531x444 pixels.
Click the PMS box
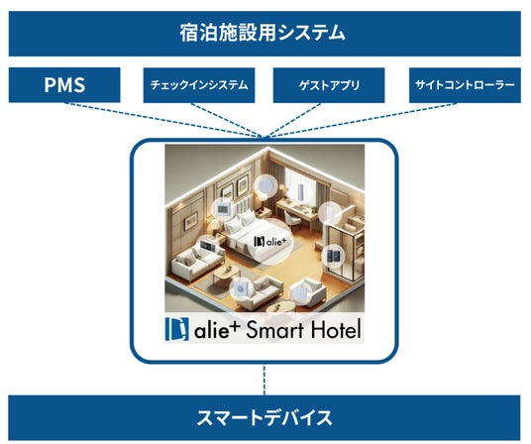pyautogui.click(x=64, y=84)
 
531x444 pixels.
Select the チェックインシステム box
pyautogui.click(x=199, y=85)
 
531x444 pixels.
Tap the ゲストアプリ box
pyautogui.click(x=329, y=85)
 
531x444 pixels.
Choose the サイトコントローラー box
pyautogui.click(x=465, y=85)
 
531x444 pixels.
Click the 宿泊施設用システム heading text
pyautogui.click(x=263, y=33)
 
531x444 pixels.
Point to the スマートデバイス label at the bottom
pyautogui.click(x=265, y=417)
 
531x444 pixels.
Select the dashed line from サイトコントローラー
pyautogui.click(x=363, y=120)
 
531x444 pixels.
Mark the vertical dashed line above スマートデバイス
pyautogui.click(x=265, y=380)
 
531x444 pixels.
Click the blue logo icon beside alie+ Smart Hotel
pyautogui.click(x=176, y=329)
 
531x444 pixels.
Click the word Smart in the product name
pyautogui.click(x=274, y=329)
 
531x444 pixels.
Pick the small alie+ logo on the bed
pyautogui.click(x=270, y=242)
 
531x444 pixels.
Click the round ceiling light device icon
pyautogui.click(x=265, y=185)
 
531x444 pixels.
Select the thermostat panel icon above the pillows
pyautogui.click(x=224, y=209)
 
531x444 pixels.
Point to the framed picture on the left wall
pyautogui.click(x=190, y=221)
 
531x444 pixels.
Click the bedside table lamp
pyautogui.click(x=215, y=225)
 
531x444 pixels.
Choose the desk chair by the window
pyautogui.click(x=292, y=217)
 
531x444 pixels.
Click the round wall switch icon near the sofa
pyautogui.click(x=241, y=288)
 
